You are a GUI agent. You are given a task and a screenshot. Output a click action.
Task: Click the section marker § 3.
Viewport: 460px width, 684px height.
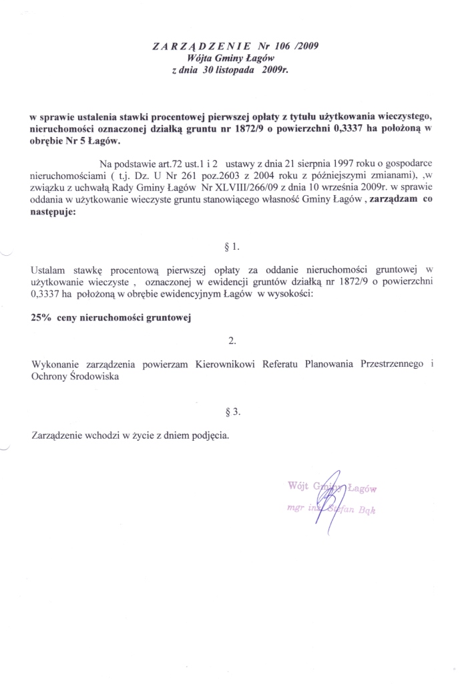click(x=233, y=412)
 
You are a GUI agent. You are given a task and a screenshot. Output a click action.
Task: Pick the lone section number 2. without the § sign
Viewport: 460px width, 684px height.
click(x=232, y=341)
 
